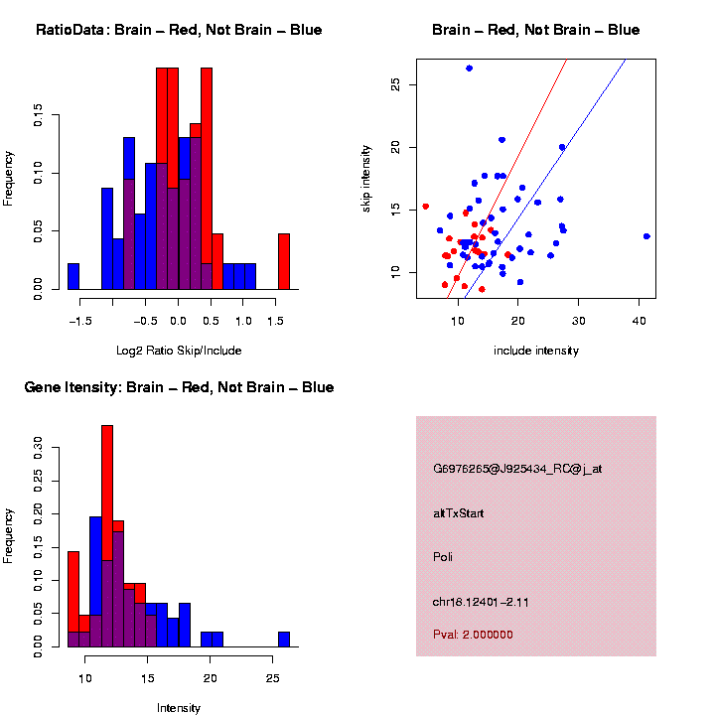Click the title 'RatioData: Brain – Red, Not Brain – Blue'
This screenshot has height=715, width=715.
pos(179,31)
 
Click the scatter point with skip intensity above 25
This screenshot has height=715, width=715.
pos(469,69)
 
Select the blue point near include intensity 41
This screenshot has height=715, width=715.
pos(646,236)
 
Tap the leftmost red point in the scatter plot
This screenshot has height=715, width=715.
pos(425,207)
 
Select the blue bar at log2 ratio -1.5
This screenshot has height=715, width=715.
pos(73,277)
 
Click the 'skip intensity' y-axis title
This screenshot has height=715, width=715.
pos(366,179)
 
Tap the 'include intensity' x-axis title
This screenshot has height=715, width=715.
pos(535,351)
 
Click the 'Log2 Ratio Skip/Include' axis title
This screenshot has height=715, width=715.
pos(179,351)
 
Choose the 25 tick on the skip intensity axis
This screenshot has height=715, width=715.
pos(395,85)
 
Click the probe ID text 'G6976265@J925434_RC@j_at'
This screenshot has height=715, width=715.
pos(516,469)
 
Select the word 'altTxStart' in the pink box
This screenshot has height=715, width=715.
pos(458,513)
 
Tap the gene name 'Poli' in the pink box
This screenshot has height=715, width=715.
pos(443,557)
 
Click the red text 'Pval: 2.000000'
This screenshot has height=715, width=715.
pos(473,635)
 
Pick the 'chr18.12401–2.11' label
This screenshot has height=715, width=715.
pos(480,602)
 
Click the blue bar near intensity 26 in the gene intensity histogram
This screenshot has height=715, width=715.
pos(284,639)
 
